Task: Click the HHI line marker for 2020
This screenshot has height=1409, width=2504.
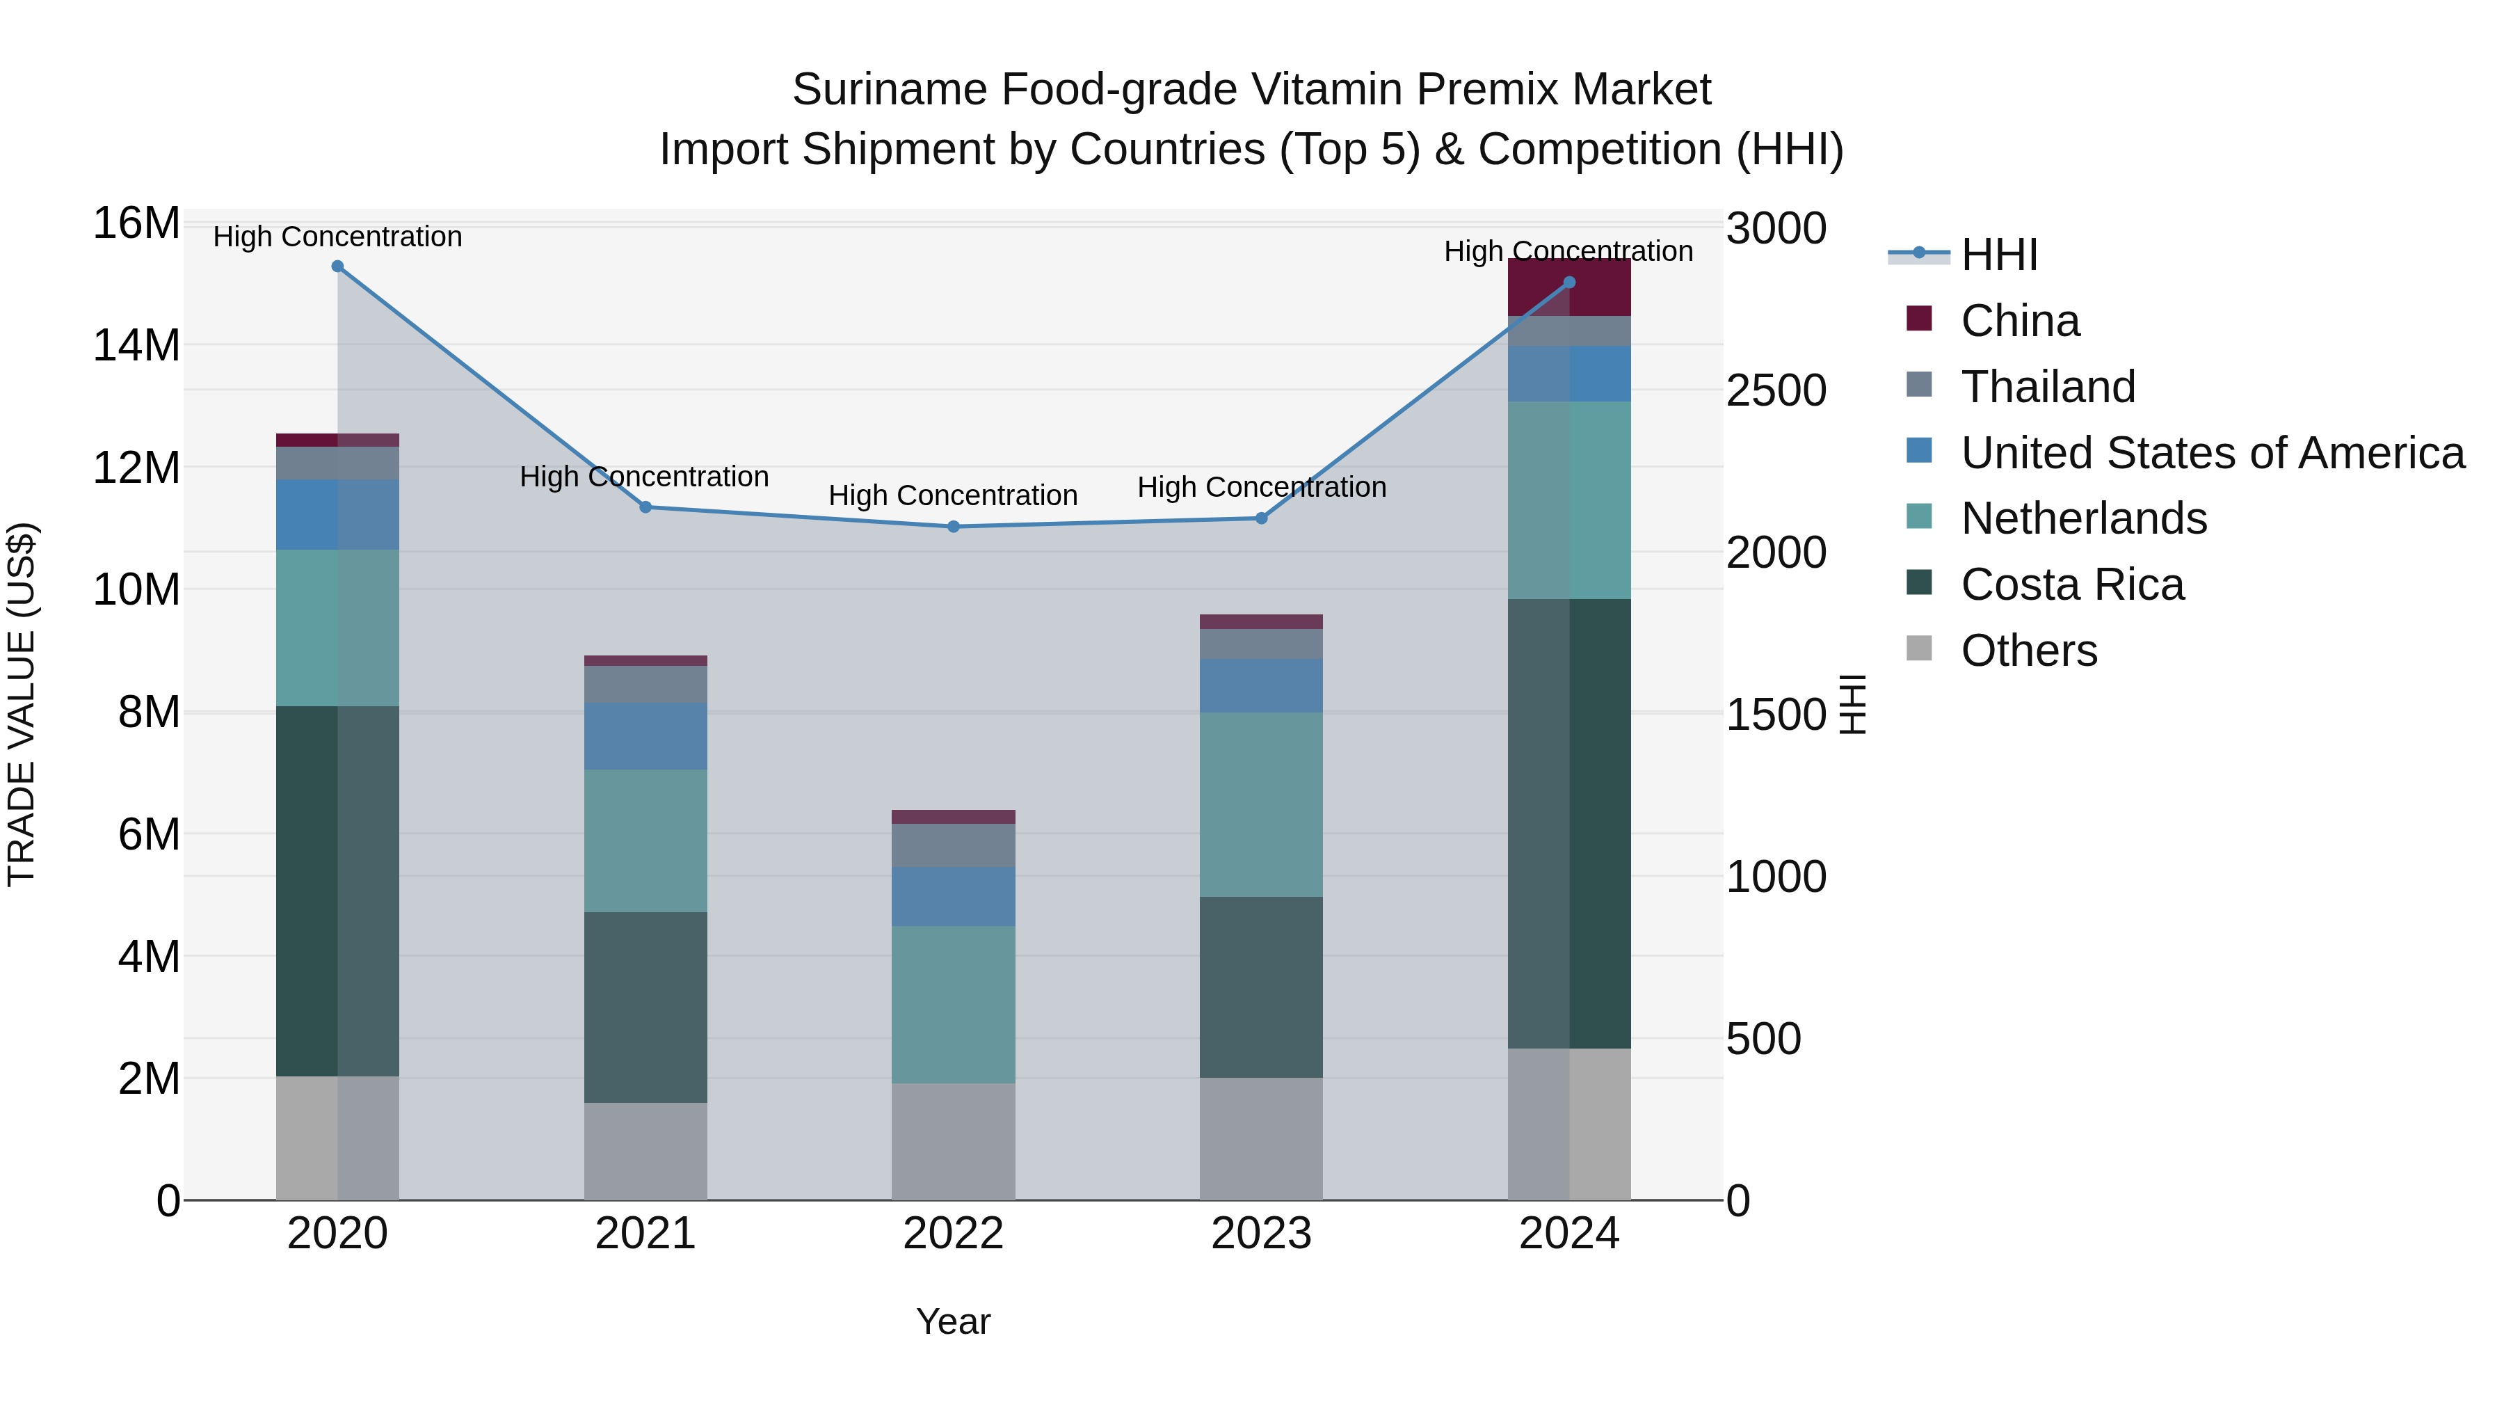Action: click(x=337, y=266)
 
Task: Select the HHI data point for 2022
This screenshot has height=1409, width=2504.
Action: click(x=953, y=527)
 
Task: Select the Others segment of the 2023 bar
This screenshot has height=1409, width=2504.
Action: click(x=1261, y=1138)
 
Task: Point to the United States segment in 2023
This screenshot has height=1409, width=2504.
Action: click(x=1261, y=685)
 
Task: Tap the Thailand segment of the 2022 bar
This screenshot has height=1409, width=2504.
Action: click(x=953, y=845)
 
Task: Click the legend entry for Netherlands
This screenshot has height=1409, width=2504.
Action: click(x=2083, y=518)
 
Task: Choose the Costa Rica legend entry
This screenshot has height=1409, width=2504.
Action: click(x=2071, y=584)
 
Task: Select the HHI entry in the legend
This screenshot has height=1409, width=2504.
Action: click(x=1998, y=255)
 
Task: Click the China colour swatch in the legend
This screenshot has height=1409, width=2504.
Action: click(x=1919, y=319)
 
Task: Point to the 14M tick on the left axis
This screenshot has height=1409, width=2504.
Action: click(x=136, y=345)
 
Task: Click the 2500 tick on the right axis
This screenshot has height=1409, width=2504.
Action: click(x=1776, y=391)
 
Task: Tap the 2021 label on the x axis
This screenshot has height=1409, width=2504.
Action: click(x=645, y=1234)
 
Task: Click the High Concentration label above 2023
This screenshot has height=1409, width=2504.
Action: click(x=1261, y=487)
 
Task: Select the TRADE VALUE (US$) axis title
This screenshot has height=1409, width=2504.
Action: click(x=22, y=704)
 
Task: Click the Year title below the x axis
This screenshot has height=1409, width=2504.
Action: click(x=953, y=1321)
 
